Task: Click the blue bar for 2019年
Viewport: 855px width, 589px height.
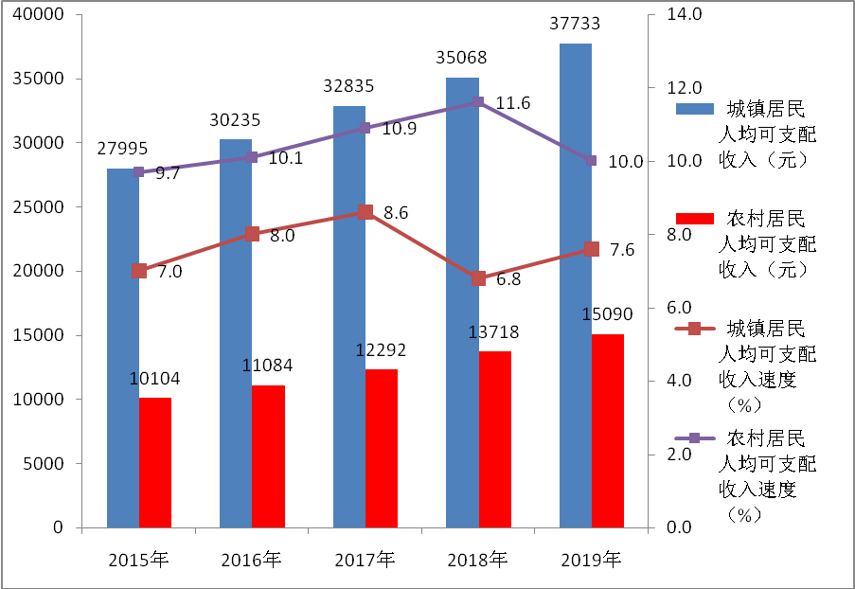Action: (575, 284)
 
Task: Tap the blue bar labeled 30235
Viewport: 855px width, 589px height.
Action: (236, 331)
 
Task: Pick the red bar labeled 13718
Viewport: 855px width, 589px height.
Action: (494, 439)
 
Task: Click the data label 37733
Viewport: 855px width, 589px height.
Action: (575, 23)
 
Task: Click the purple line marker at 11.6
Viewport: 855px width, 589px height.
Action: (478, 102)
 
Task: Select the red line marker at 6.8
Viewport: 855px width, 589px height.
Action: (478, 278)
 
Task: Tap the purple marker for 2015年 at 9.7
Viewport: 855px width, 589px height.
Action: (139, 171)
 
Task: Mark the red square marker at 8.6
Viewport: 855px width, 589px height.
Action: (365, 212)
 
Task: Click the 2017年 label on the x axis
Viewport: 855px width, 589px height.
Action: (365, 560)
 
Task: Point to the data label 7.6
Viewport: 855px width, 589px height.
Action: (622, 250)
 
